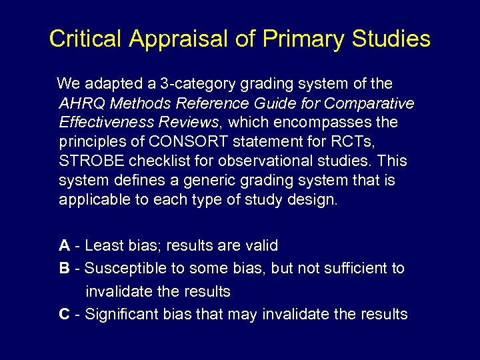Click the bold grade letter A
(64, 245)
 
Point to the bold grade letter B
(64, 268)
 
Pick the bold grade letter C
(64, 314)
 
